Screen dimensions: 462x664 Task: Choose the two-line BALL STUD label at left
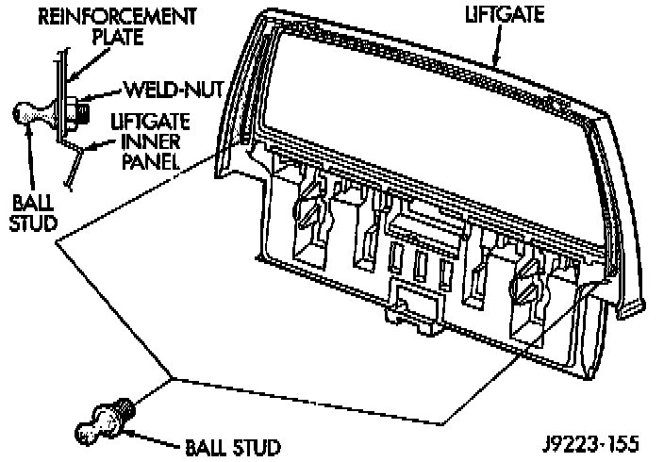click(x=31, y=212)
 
